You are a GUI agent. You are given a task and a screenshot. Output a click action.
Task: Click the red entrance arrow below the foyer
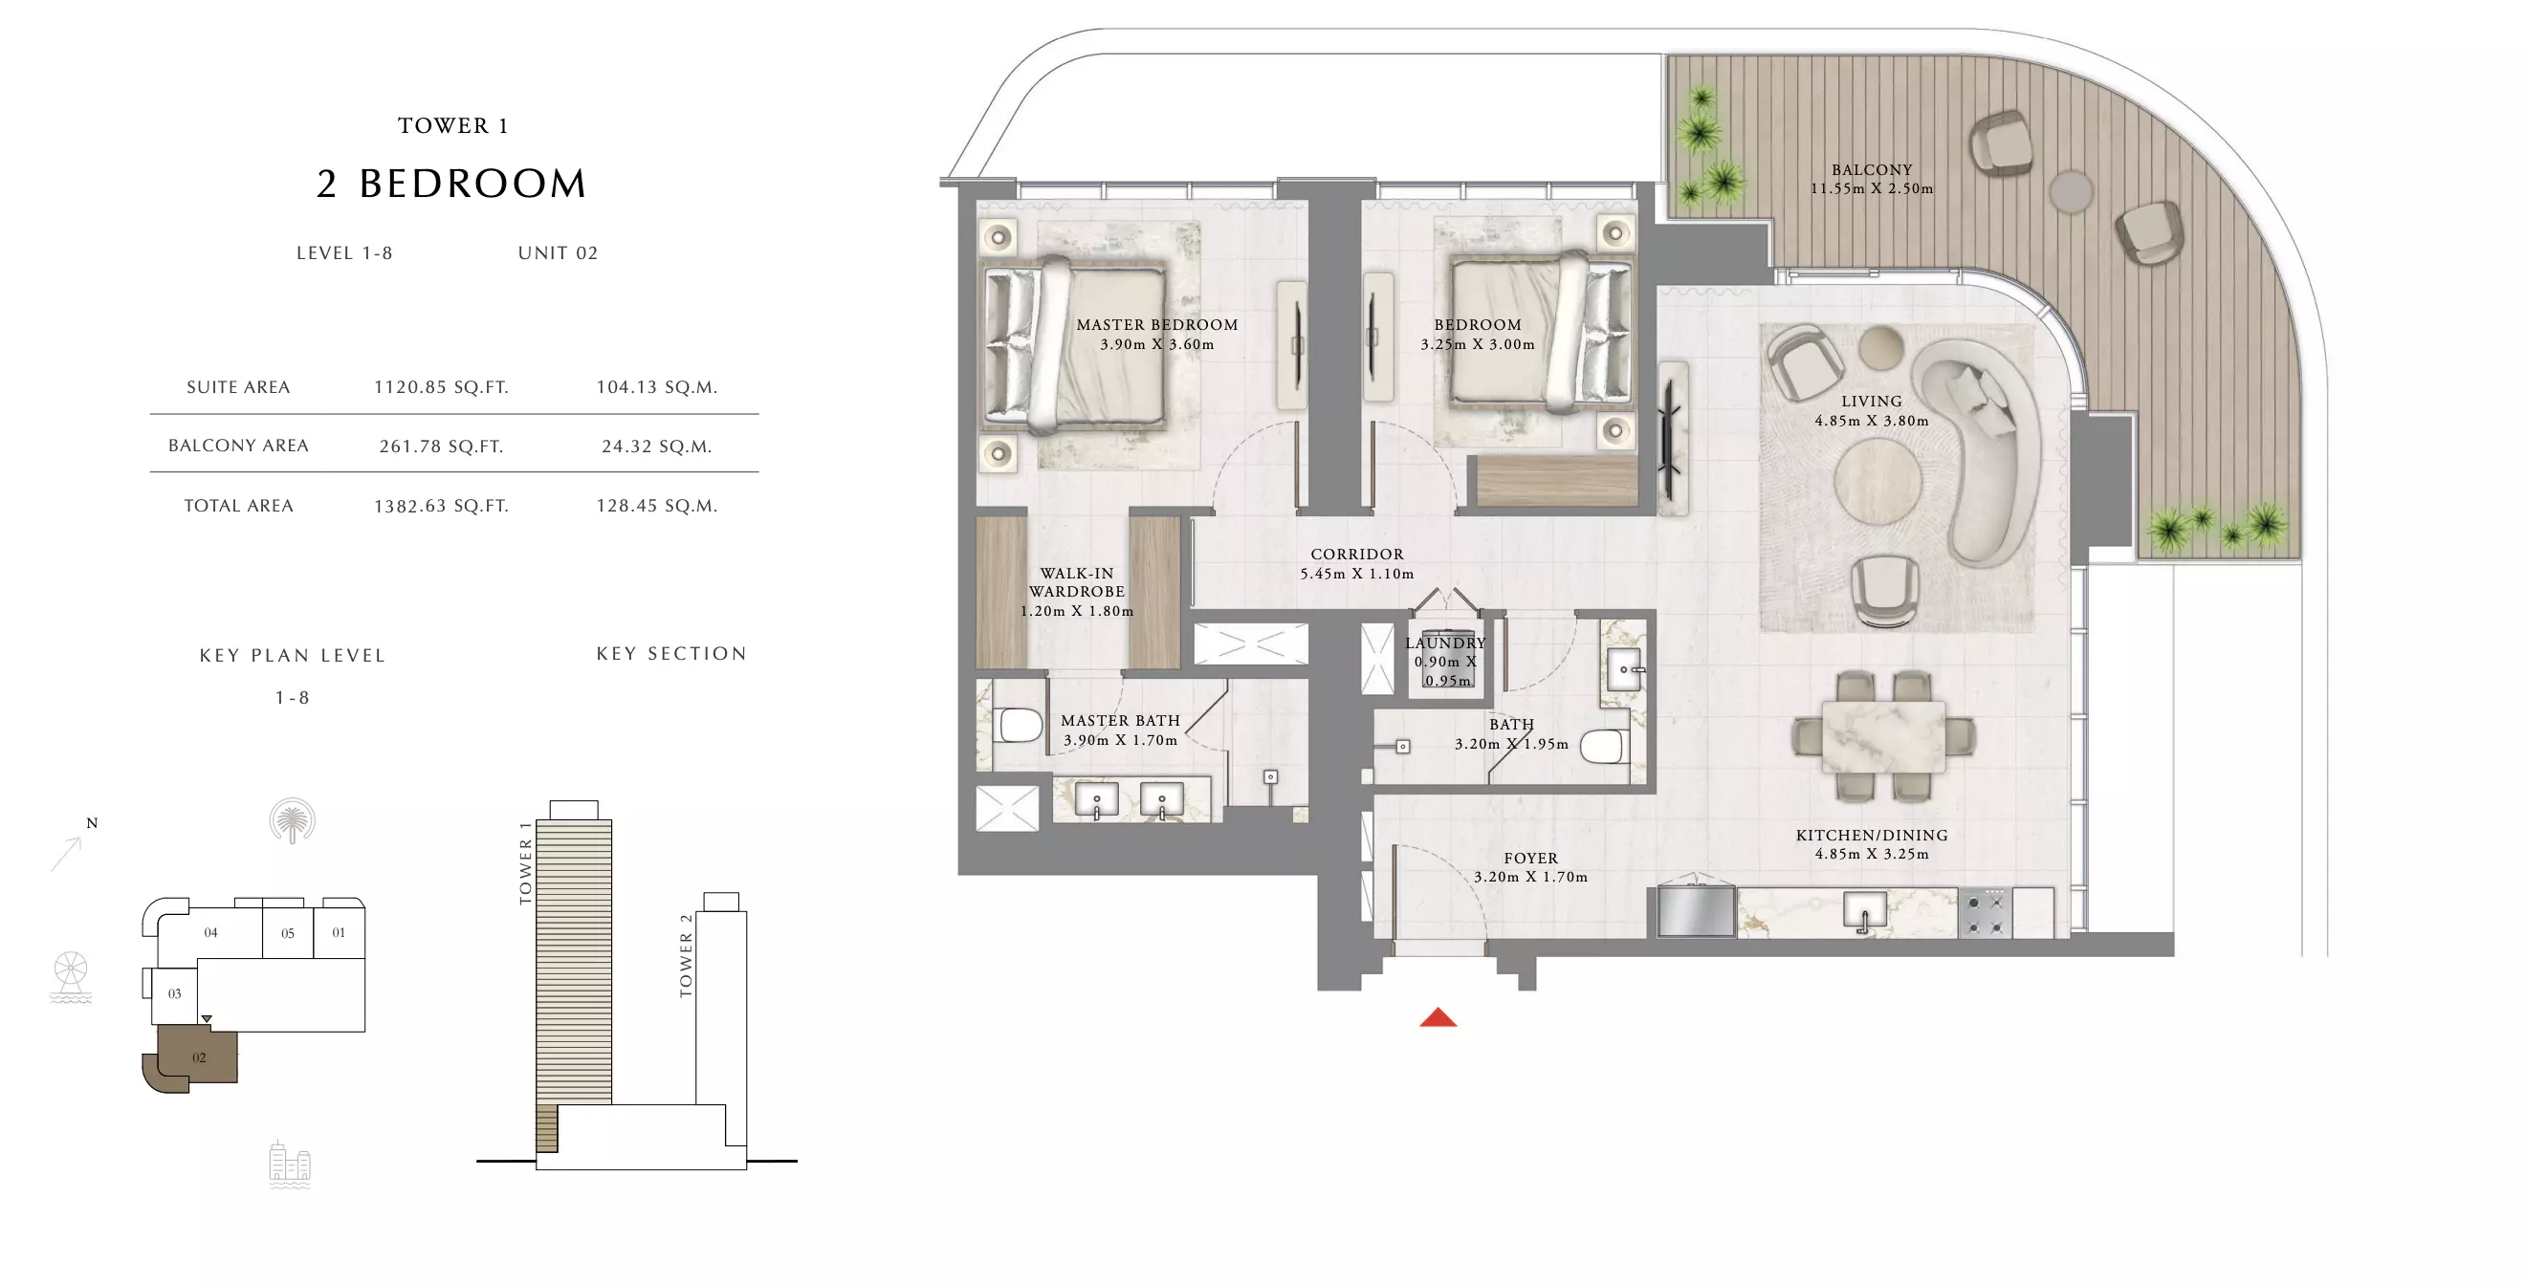click(1438, 1017)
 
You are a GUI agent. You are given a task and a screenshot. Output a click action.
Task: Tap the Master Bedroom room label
click(1156, 324)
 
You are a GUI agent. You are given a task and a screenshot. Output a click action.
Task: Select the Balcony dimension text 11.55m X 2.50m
click(1871, 189)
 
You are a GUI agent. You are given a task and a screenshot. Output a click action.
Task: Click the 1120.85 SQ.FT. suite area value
click(441, 387)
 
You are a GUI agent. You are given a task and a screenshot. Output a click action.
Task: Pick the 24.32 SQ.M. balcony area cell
click(657, 446)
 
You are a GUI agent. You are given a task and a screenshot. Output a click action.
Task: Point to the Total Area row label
click(238, 506)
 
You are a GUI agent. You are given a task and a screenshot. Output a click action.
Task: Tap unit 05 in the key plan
click(288, 932)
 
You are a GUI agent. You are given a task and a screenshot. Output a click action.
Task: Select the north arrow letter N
click(92, 823)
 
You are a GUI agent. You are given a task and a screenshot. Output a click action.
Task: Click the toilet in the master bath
click(1019, 727)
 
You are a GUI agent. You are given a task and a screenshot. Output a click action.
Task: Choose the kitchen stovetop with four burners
click(1985, 913)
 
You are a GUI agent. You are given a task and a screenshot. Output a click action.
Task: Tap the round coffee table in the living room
click(1877, 482)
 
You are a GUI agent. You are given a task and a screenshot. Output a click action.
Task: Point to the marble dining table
click(1883, 736)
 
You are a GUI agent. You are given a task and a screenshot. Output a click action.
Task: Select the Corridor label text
click(1356, 555)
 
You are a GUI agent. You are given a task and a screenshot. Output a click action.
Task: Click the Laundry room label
click(1445, 643)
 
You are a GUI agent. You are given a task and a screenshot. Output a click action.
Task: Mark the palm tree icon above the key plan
click(292, 820)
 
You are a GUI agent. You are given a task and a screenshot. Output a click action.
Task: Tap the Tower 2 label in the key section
click(686, 956)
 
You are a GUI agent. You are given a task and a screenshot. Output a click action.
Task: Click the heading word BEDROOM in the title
click(473, 185)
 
